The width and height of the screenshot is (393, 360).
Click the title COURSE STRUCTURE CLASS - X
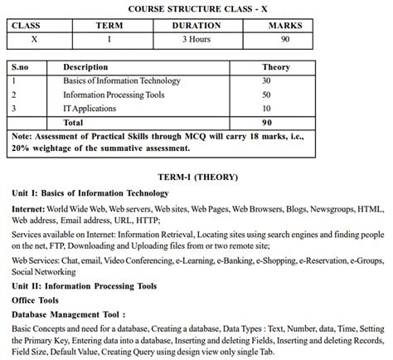click(197, 8)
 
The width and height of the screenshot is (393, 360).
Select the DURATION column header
click(196, 26)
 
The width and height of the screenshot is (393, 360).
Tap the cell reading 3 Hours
click(196, 39)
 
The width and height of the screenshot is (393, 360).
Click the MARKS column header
click(285, 26)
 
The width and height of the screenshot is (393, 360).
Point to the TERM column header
click(109, 26)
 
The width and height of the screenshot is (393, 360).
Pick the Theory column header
click(275, 66)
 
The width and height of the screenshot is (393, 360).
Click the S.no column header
click(23, 66)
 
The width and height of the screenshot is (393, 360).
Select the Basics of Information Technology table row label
click(121, 80)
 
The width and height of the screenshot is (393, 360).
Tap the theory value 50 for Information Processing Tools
click(266, 95)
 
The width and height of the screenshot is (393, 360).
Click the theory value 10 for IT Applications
click(266, 108)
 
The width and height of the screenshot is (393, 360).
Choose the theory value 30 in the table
click(266, 80)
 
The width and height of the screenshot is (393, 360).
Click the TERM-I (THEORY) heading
click(197, 177)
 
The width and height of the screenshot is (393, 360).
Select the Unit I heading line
click(77, 192)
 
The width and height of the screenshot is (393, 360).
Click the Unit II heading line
click(84, 286)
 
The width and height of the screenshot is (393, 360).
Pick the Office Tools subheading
click(35, 300)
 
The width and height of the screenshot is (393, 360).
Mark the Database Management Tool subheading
click(69, 315)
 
